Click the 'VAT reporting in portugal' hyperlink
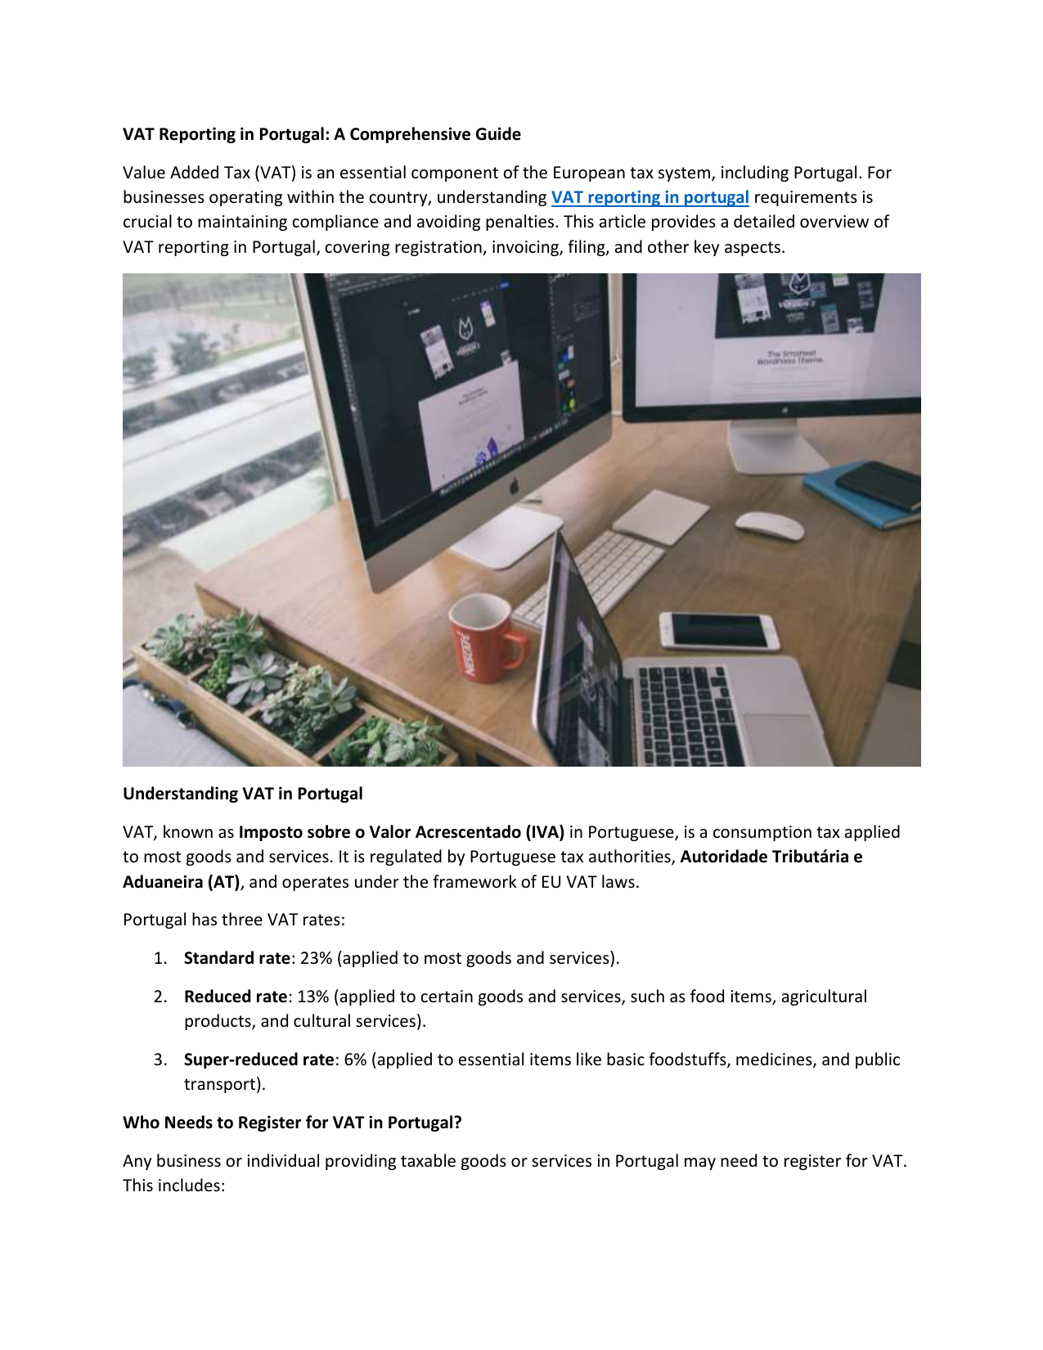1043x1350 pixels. tap(650, 197)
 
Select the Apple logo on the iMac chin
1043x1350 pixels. tap(515, 486)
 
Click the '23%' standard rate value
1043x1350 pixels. tap(317, 958)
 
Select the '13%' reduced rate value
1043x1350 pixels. tap(312, 997)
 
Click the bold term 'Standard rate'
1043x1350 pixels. tap(236, 958)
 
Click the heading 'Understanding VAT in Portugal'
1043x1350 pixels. tap(242, 794)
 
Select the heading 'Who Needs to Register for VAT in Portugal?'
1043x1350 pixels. tap(292, 1123)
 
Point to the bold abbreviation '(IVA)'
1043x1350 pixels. tap(545, 832)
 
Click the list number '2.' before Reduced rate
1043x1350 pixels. tap(160, 997)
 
